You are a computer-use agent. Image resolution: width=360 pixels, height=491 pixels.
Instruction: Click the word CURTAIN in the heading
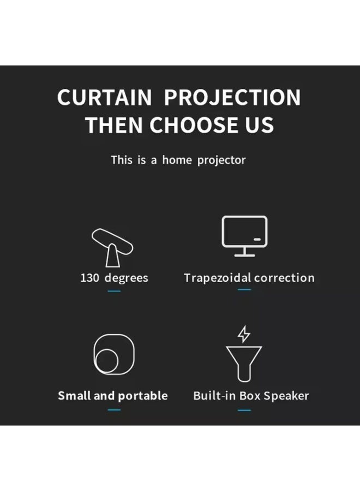pos(104,98)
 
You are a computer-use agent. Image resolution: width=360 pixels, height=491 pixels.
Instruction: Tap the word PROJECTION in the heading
pos(232,98)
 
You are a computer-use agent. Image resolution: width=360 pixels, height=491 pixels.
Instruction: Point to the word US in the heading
pos(260,125)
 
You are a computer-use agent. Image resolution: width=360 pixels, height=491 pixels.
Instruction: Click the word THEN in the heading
pos(115,125)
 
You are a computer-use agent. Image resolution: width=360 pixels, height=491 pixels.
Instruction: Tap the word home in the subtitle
pos(176,160)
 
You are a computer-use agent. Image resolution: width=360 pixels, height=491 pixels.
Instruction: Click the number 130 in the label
pos(89,278)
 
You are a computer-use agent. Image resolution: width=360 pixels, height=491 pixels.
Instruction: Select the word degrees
pos(126,278)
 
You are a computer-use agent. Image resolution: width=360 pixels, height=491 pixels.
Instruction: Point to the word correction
pos(284,278)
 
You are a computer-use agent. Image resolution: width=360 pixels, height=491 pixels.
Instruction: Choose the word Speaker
pos(286,396)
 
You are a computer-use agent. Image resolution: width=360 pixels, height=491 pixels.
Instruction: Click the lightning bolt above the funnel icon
pos(244,334)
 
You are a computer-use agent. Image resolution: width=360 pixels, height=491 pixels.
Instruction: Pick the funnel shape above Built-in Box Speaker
pos(244,363)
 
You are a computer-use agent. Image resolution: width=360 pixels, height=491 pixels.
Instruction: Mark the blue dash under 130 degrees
pos(114,291)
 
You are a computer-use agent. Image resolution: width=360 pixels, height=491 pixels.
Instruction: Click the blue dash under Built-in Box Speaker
pos(244,409)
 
